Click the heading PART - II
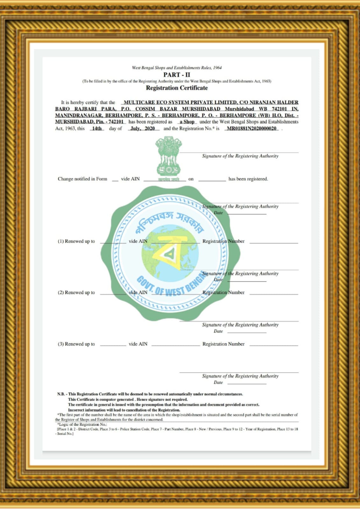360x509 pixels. click(177, 75)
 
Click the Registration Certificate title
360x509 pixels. click(177, 88)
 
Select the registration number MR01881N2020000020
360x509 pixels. click(251, 129)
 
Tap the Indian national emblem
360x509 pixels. click(168, 156)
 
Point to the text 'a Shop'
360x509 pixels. click(187, 122)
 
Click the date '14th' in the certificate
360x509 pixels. click(97, 129)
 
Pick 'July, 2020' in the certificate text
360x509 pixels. click(143, 129)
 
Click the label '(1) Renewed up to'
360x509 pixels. click(76, 241)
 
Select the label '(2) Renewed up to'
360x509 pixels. click(76, 292)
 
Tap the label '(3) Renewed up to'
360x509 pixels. click(76, 344)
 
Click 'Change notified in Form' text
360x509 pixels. click(82, 179)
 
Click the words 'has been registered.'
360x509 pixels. click(248, 179)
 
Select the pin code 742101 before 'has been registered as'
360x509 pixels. click(116, 122)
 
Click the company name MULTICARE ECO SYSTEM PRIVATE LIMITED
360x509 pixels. click(180, 102)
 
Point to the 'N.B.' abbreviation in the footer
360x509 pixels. click(60, 394)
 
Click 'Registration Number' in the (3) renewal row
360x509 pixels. click(223, 344)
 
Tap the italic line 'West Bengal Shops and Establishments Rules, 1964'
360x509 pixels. click(177, 68)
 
